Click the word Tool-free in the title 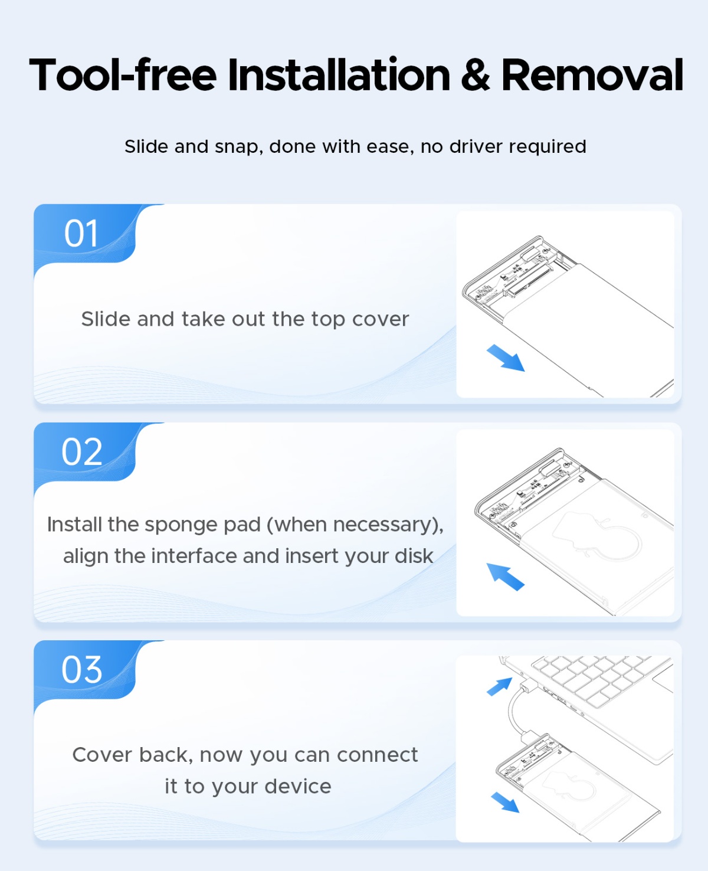[x=123, y=74]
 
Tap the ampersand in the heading [x=476, y=74]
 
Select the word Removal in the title [x=592, y=74]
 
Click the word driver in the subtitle [x=476, y=146]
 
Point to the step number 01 [x=81, y=234]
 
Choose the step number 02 [x=82, y=452]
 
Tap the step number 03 [x=82, y=670]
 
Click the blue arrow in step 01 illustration [x=506, y=358]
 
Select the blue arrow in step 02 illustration [x=505, y=577]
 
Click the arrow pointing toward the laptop [x=500, y=686]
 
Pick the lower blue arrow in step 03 [x=505, y=802]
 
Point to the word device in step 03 [x=298, y=787]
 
